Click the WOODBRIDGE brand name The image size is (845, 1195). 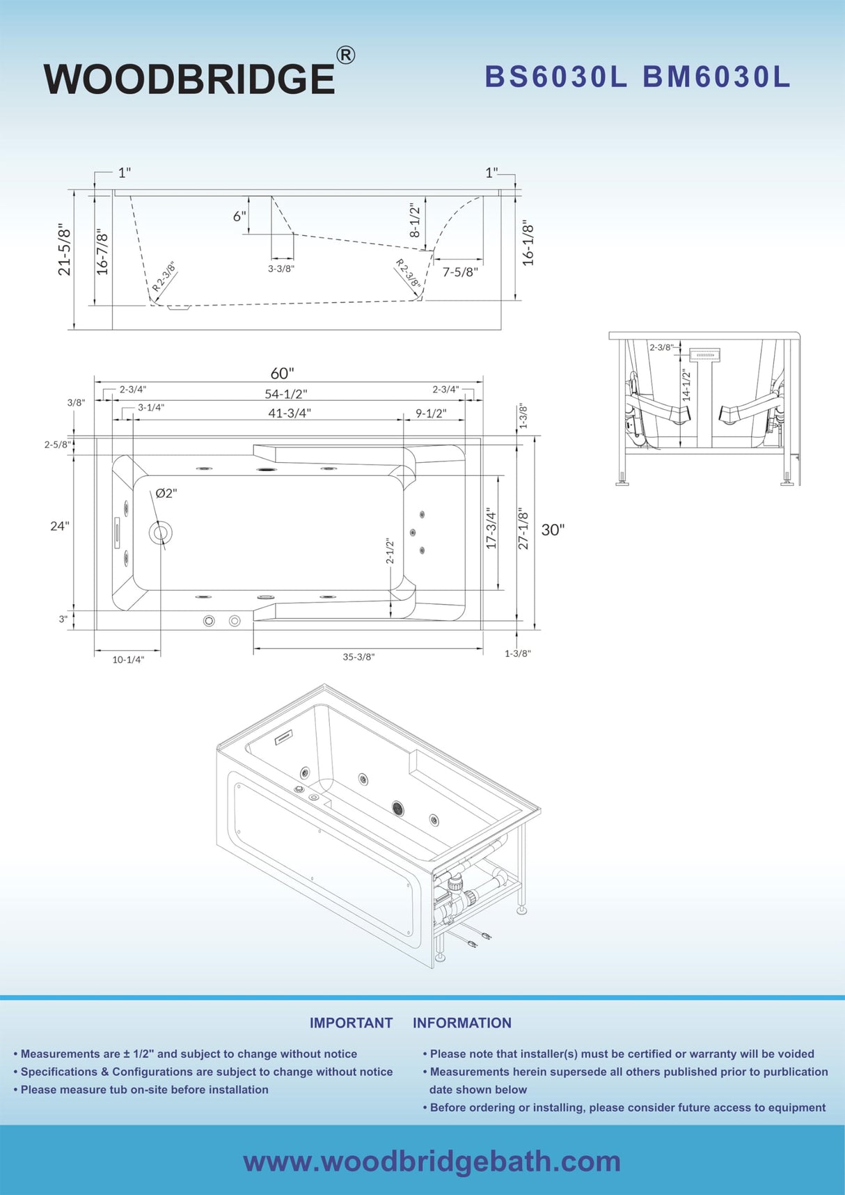coord(189,79)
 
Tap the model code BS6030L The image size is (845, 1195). coord(556,77)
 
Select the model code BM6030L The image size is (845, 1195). coord(716,77)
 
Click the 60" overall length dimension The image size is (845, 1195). coord(283,374)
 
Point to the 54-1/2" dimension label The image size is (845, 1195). coord(285,394)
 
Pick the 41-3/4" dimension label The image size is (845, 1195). coord(290,413)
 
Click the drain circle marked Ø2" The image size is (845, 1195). coord(161,534)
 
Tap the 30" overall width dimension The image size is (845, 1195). coord(553,530)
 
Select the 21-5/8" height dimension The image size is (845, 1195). coord(64,249)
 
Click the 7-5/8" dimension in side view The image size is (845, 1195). coord(460,272)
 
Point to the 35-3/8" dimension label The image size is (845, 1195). coord(358,656)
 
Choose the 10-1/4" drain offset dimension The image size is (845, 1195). coord(128,659)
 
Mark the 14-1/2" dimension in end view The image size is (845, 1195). coord(686,385)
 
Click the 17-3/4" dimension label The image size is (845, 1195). coord(491,528)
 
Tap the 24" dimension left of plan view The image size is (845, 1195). coord(59,525)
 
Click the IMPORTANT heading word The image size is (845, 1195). coord(351,1022)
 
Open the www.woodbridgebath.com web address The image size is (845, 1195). coord(432,1161)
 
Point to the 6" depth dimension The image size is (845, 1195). coord(239,216)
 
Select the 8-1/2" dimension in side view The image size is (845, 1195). coord(415,219)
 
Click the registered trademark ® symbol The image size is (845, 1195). coord(345,55)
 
